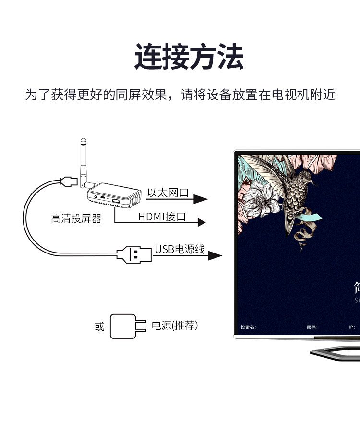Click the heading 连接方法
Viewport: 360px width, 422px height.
[189, 57]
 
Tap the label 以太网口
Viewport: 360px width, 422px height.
[168, 193]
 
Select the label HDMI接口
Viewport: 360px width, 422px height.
[162, 217]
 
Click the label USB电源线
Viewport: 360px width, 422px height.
[180, 249]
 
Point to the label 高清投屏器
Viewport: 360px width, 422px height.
[76, 219]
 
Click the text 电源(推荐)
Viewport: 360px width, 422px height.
[175, 326]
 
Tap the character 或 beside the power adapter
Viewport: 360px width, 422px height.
[99, 326]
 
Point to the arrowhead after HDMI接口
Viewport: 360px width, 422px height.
[201, 222]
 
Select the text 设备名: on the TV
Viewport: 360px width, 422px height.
[249, 327]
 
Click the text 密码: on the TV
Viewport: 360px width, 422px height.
[312, 327]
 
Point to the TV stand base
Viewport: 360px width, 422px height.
[336, 353]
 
